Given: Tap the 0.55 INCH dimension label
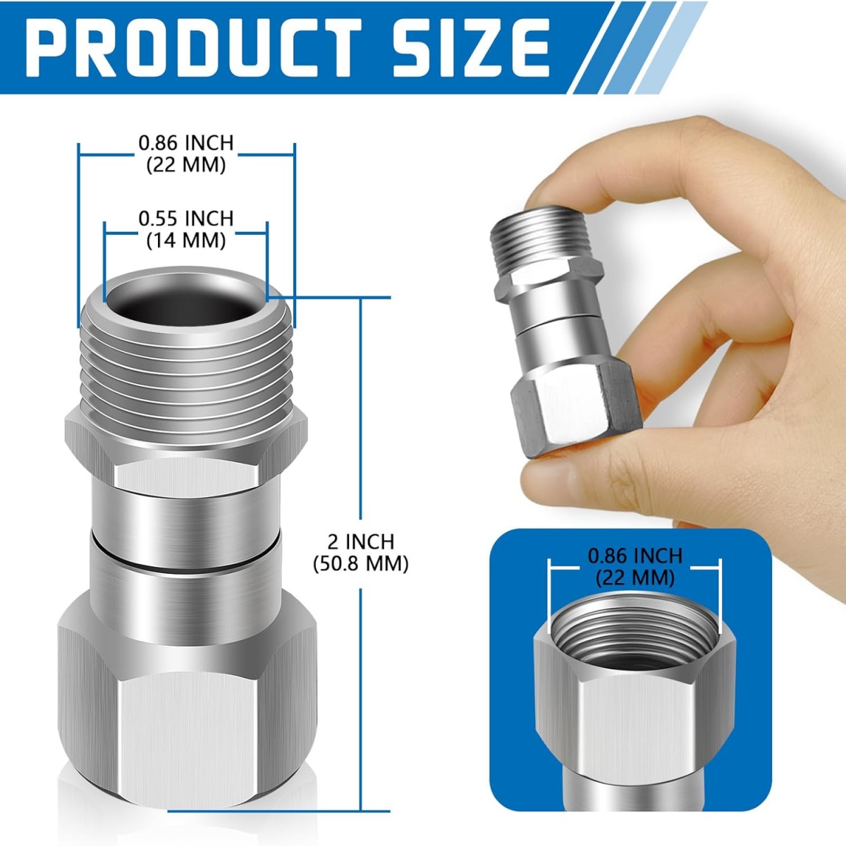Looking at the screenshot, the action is point(185,218).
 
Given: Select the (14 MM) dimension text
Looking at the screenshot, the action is point(185,240).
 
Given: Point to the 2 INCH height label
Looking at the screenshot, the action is point(361,541).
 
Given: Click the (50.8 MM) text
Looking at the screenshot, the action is point(361,564).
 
